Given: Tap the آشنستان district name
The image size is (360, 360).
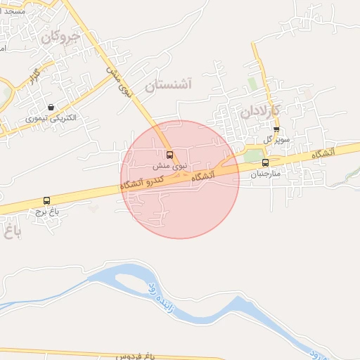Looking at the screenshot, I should (x=168, y=86).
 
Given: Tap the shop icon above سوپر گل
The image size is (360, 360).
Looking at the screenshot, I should (x=276, y=129).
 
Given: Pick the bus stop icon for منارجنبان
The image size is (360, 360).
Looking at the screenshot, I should (x=265, y=163).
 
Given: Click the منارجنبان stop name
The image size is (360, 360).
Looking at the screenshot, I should (x=265, y=173).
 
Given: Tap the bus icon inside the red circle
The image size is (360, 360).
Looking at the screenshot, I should (x=169, y=155).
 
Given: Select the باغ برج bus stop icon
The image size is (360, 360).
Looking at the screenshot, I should (x=47, y=200).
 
